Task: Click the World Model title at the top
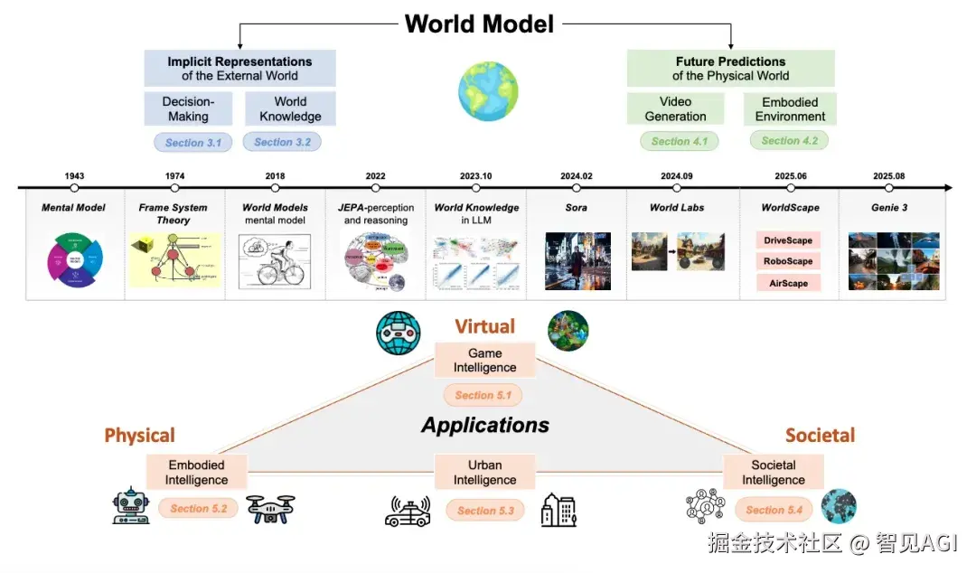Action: pyautogui.click(x=479, y=23)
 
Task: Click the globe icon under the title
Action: pyautogui.click(x=487, y=92)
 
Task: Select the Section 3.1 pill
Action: pyautogui.click(x=192, y=143)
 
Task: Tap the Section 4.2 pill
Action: pyautogui.click(x=789, y=140)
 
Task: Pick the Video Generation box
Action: pyautogui.click(x=675, y=109)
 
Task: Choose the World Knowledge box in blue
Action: pyautogui.click(x=290, y=108)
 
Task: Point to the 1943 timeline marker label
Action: pyautogui.click(x=74, y=176)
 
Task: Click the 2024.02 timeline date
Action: pyautogui.click(x=576, y=176)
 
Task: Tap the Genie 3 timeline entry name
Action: pyautogui.click(x=888, y=208)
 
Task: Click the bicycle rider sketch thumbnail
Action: pyautogui.click(x=274, y=261)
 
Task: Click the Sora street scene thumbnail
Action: pyautogui.click(x=577, y=261)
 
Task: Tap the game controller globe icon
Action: pyautogui.click(x=399, y=333)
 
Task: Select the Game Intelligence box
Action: pyautogui.click(x=485, y=361)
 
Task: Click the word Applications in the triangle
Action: pyautogui.click(x=485, y=425)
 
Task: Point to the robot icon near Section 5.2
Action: pyautogui.click(x=130, y=507)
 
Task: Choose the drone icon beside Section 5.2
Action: pyautogui.click(x=270, y=509)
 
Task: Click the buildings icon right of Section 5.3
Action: pyautogui.click(x=558, y=510)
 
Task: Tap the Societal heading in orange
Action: pyautogui.click(x=820, y=436)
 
